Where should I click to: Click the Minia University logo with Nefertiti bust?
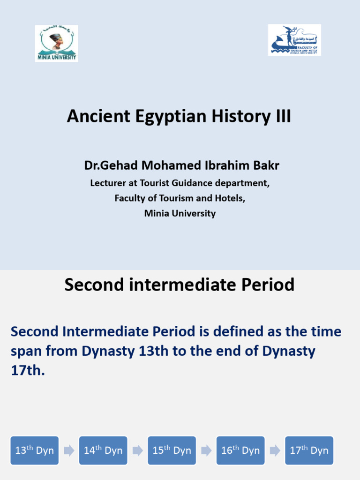(x=56, y=44)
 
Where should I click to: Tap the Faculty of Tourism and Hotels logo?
(x=294, y=40)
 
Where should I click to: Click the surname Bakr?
(x=266, y=165)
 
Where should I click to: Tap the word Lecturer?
(x=109, y=183)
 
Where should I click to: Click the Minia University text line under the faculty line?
(x=180, y=213)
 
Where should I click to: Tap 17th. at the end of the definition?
(x=28, y=370)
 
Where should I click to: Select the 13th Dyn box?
(x=35, y=450)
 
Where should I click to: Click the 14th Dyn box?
(x=103, y=450)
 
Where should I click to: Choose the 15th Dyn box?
(x=172, y=450)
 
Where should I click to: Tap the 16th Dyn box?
(x=240, y=450)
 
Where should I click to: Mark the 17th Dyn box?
(x=309, y=450)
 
